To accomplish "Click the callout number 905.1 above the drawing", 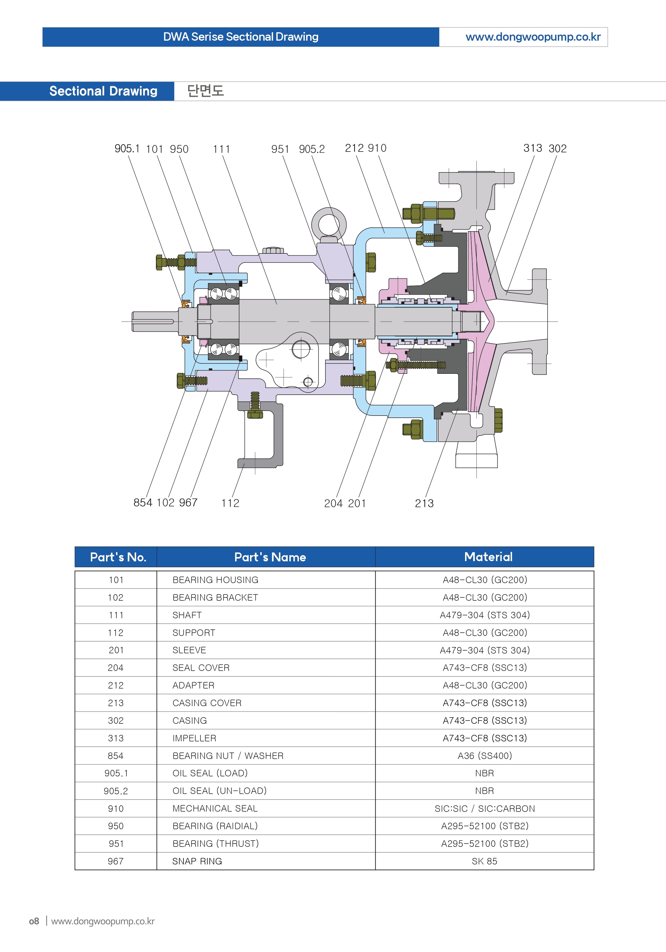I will click(x=127, y=149).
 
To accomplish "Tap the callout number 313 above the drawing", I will click(x=533, y=148).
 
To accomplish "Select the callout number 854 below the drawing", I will click(x=143, y=503).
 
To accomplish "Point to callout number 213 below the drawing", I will click(x=424, y=503).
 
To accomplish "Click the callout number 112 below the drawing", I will click(x=230, y=503).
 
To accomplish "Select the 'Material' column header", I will click(x=488, y=557).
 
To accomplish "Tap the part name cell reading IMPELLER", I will click(x=194, y=738).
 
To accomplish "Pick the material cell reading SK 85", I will click(x=484, y=861).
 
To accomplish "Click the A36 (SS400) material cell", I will click(x=484, y=755).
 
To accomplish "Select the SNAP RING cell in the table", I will click(x=197, y=861).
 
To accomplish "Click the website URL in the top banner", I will click(x=533, y=37).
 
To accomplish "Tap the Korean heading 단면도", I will click(x=205, y=91).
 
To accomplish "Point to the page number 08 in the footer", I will click(x=34, y=921).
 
